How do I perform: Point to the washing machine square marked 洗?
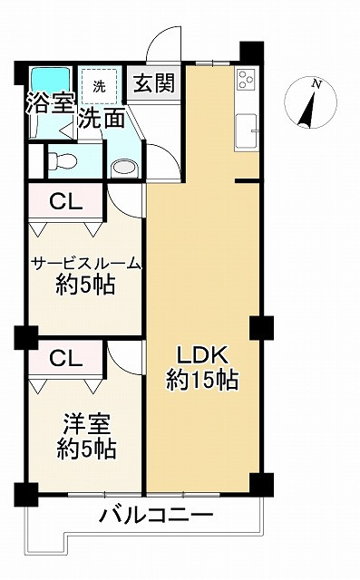pyautogui.click(x=97, y=86)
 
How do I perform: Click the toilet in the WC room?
pyautogui.click(x=63, y=161)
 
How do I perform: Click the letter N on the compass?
pyautogui.click(x=316, y=84)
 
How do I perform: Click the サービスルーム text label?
pyautogui.click(x=86, y=264)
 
